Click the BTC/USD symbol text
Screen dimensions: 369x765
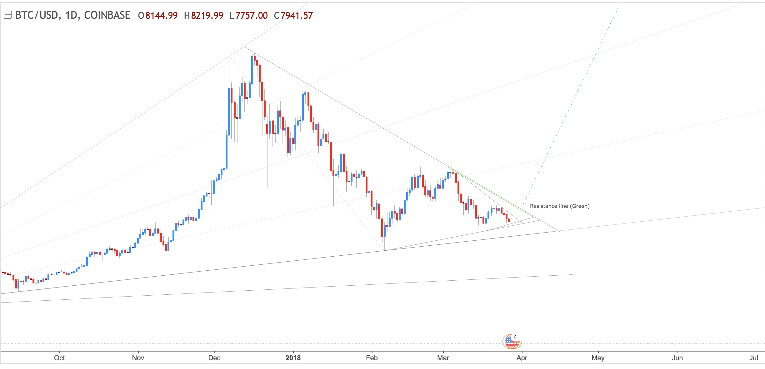pyautogui.click(x=36, y=15)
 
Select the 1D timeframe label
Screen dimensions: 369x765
pyautogui.click(x=71, y=15)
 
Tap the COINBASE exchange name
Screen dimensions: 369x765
pyautogui.click(x=107, y=15)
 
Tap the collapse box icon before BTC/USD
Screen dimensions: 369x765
pyautogui.click(x=7, y=15)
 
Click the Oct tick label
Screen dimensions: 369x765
pyautogui.click(x=59, y=358)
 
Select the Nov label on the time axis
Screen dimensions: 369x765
pyautogui.click(x=138, y=358)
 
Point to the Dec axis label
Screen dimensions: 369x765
pyautogui.click(x=214, y=358)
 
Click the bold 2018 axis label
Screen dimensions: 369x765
pyautogui.click(x=293, y=358)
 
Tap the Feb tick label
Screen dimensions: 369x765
pyautogui.click(x=372, y=358)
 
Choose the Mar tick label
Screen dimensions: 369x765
pyautogui.click(x=443, y=358)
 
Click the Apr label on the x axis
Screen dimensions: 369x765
pyautogui.click(x=522, y=358)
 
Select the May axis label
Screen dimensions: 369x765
pyautogui.click(x=598, y=358)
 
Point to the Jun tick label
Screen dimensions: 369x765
pyautogui.click(x=677, y=358)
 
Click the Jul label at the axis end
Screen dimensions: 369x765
pyautogui.click(x=753, y=358)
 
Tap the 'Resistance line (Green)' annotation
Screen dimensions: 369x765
pyautogui.click(x=560, y=206)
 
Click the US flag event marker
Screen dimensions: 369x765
pyautogui.click(x=511, y=341)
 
